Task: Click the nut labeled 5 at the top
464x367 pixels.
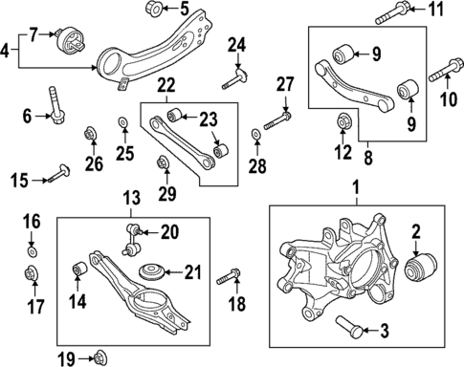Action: tap(153, 11)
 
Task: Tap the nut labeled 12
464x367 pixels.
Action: tap(345, 121)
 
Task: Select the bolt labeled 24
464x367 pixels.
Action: tap(235, 72)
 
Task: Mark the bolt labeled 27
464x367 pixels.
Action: tap(279, 119)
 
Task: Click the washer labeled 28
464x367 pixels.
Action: tap(254, 134)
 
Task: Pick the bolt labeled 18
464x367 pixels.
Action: tap(228, 280)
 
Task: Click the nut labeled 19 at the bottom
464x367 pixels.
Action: tap(99, 357)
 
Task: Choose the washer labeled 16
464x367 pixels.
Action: tap(32, 252)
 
